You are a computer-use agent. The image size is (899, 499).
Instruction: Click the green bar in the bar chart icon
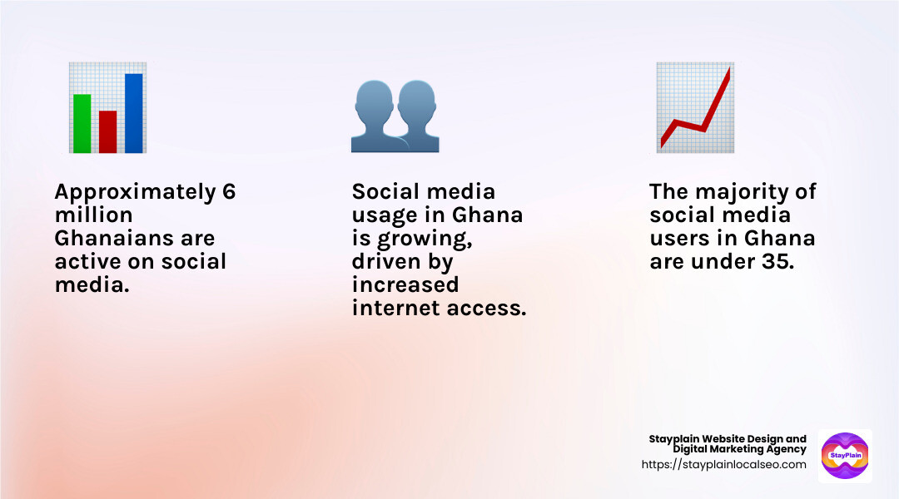(82, 123)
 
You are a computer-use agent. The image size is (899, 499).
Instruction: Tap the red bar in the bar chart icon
(107, 131)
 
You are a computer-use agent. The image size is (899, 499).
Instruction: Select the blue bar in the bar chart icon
(133, 113)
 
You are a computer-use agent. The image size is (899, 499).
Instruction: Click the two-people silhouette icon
(395, 116)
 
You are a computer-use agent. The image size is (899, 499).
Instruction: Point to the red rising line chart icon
(694, 108)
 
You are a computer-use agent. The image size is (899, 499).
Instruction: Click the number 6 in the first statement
(229, 192)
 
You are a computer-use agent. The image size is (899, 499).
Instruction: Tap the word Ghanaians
(110, 239)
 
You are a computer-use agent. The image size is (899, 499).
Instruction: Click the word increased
(405, 285)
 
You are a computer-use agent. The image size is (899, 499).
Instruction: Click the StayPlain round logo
(845, 456)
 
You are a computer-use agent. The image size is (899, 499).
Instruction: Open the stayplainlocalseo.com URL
(723, 465)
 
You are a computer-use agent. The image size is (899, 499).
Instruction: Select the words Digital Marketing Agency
(739, 450)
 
